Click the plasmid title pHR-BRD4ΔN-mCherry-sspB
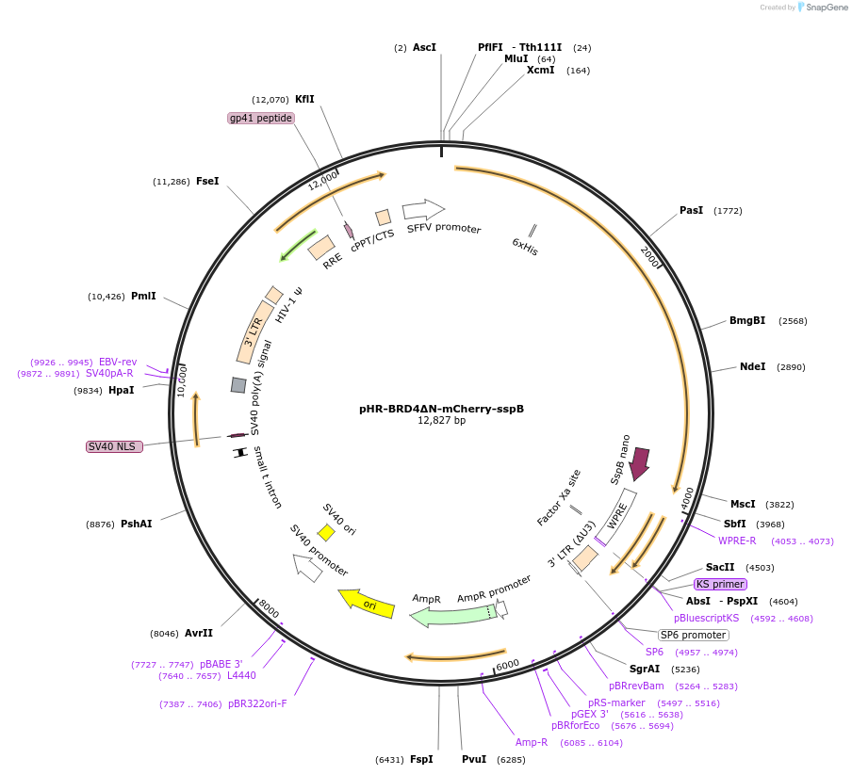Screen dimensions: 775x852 click(441, 409)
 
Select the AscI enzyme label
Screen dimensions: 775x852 click(424, 47)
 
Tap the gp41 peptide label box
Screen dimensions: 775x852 click(261, 118)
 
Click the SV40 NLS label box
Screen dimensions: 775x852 click(114, 446)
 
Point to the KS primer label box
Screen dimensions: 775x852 click(720, 584)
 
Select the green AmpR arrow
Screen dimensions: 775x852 click(452, 615)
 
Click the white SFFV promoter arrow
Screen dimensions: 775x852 click(423, 209)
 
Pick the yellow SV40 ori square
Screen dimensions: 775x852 click(326, 533)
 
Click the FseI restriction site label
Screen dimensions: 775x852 click(207, 181)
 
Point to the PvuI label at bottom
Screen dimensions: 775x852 click(474, 759)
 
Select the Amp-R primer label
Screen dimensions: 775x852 click(532, 742)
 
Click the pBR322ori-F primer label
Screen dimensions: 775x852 click(257, 703)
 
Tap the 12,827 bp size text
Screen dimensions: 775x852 click(441, 421)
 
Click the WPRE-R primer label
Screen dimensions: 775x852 click(737, 541)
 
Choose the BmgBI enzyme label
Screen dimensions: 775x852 click(747, 320)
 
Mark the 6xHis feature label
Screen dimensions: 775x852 click(524, 247)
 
